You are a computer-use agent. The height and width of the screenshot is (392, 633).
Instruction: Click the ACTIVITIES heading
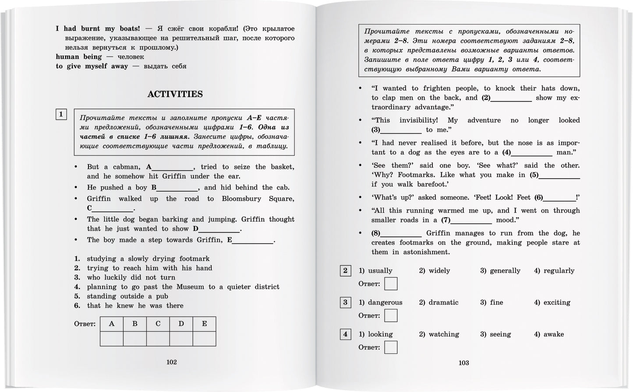click(x=175, y=94)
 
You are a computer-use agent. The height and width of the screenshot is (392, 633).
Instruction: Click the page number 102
click(x=171, y=362)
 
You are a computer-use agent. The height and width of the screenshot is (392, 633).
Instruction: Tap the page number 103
click(x=463, y=363)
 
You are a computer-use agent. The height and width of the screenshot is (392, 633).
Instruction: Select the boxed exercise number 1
click(x=61, y=115)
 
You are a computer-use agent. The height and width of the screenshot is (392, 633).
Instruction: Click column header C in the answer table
click(x=158, y=324)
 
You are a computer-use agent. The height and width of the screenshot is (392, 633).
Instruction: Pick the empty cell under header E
click(x=204, y=339)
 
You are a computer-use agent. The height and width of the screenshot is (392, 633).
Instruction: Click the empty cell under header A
click(x=112, y=339)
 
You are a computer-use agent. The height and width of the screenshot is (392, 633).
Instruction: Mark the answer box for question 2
click(x=391, y=284)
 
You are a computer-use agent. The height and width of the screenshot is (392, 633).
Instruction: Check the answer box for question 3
click(x=391, y=315)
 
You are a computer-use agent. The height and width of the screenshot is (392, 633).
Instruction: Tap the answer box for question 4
click(x=391, y=347)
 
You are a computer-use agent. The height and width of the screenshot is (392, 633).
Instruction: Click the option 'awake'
click(x=553, y=334)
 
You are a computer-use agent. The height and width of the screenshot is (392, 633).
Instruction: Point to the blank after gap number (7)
click(x=471, y=221)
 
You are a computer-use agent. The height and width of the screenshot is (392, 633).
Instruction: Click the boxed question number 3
click(x=345, y=302)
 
